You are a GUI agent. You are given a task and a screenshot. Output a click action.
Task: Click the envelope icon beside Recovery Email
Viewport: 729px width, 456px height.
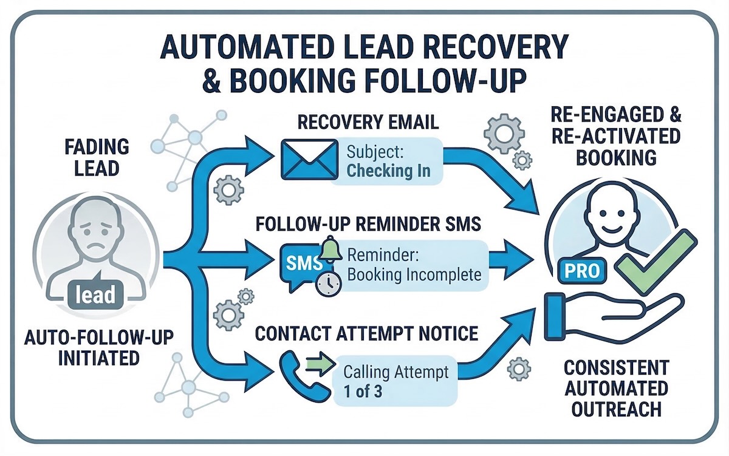[x=309, y=159]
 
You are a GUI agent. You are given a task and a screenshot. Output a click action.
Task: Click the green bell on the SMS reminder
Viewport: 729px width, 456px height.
[x=330, y=248]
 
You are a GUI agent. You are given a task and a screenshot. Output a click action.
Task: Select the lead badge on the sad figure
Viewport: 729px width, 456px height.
[x=97, y=294]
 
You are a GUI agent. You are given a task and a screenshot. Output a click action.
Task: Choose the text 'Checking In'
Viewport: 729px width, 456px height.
[x=388, y=171]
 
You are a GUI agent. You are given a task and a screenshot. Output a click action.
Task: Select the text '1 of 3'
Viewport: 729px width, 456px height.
[x=362, y=391]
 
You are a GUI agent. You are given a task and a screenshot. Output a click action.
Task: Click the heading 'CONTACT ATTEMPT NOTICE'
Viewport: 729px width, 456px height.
[x=366, y=334]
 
